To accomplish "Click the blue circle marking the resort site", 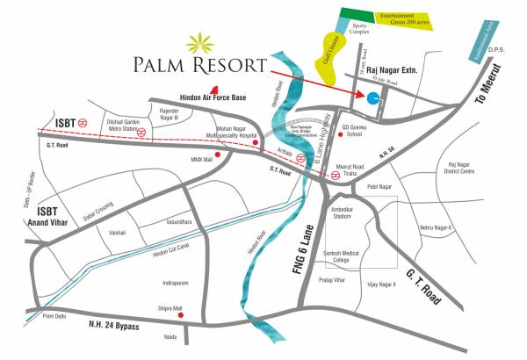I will point(372,98).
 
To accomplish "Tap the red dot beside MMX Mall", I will point(230,152).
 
